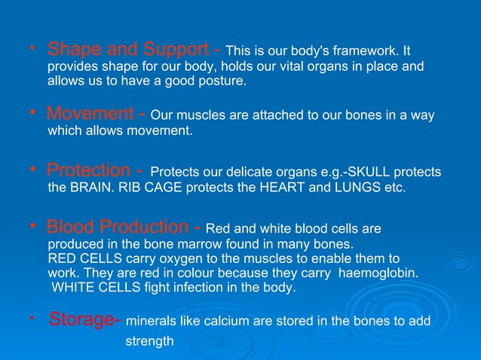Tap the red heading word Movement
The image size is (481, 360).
[x=90, y=115]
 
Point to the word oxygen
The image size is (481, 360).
[x=186, y=258]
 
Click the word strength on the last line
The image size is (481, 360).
[x=149, y=341]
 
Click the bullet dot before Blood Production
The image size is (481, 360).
[x=33, y=224]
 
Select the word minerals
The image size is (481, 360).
[x=150, y=322]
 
